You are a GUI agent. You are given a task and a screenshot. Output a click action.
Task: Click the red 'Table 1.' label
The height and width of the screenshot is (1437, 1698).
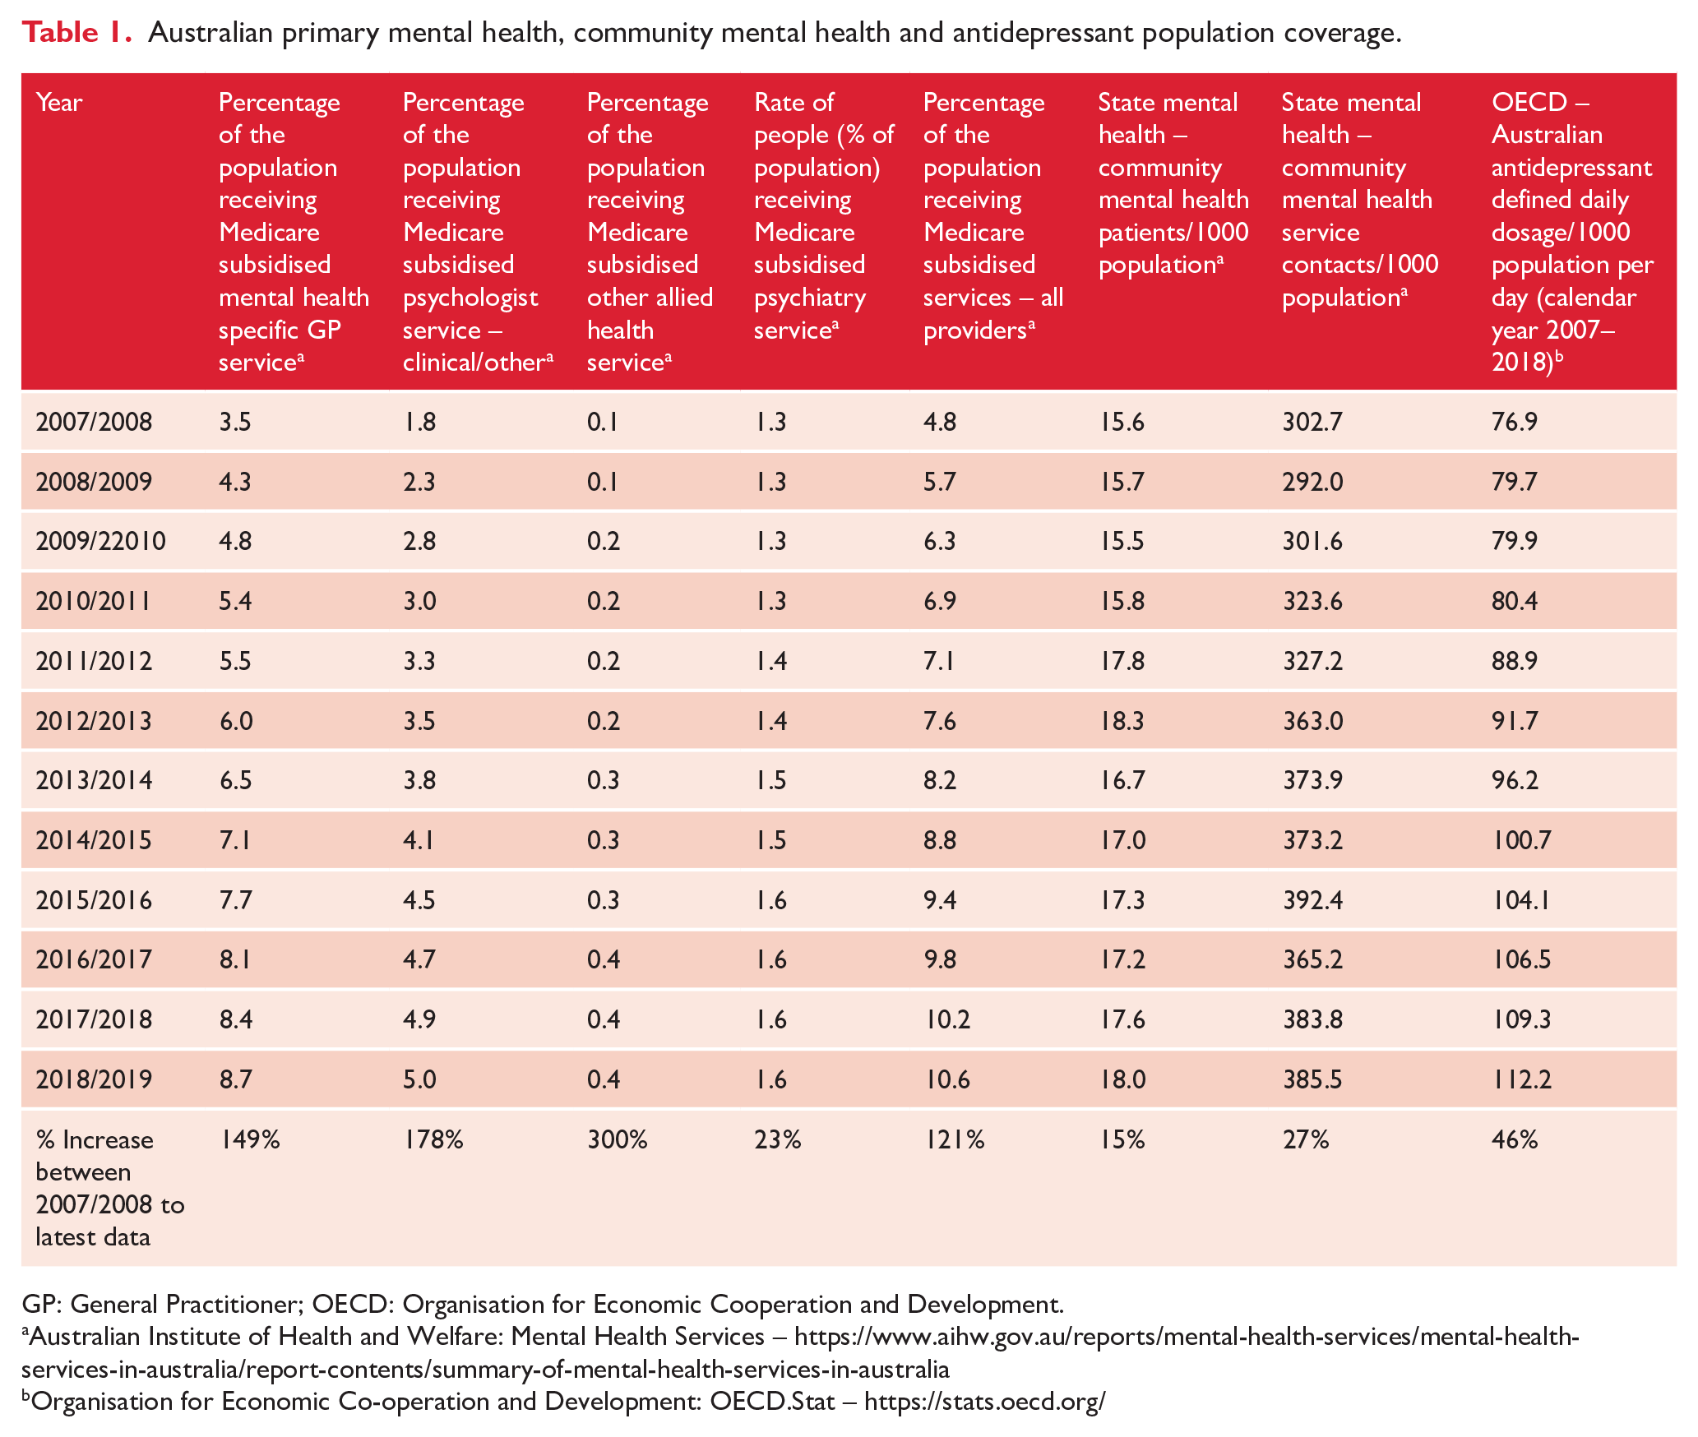click(76, 32)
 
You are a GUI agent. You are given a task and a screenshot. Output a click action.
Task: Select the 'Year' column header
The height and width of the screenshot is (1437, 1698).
click(59, 103)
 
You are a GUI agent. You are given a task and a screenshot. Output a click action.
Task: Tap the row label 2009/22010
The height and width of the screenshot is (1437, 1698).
click(101, 541)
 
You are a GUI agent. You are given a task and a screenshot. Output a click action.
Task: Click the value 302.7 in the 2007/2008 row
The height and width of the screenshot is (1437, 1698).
click(1312, 422)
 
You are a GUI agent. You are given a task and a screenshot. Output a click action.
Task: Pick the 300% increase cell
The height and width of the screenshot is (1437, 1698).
click(618, 1139)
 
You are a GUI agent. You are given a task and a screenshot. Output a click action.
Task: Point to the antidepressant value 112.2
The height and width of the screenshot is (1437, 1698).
click(1522, 1079)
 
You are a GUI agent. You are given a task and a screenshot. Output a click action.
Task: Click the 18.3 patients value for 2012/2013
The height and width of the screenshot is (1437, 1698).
click(1122, 721)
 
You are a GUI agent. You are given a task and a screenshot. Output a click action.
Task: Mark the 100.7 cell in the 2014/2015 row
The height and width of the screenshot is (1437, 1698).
click(1522, 840)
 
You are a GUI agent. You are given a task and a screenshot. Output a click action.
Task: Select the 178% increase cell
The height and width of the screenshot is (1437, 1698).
click(433, 1139)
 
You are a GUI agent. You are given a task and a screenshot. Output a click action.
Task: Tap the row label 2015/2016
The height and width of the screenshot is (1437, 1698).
click(95, 900)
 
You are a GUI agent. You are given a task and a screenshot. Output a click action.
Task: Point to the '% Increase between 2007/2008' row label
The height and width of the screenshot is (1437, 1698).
click(110, 1188)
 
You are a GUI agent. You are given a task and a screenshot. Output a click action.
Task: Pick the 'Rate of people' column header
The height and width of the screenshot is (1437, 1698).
click(824, 215)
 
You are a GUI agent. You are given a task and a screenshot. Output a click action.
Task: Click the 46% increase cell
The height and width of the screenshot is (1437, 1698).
click(1515, 1139)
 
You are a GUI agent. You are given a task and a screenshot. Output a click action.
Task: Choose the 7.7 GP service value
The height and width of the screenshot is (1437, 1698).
click(236, 900)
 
